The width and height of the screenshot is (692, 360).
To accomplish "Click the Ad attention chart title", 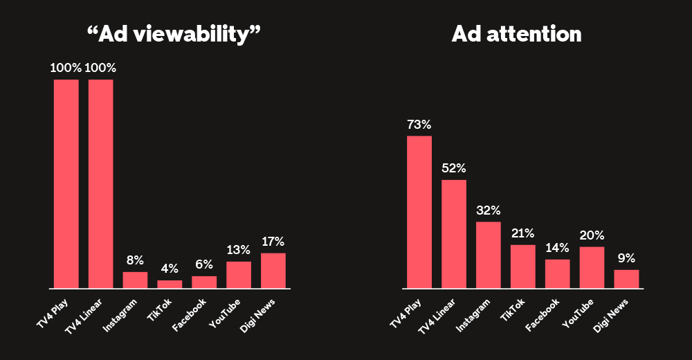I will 516,35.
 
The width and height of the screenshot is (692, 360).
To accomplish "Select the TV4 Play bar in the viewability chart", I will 66,183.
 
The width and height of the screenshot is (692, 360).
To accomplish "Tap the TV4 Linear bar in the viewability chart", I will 101,183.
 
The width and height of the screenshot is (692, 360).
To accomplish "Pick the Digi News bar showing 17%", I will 273,271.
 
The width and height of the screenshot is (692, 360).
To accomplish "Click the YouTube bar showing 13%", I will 239,275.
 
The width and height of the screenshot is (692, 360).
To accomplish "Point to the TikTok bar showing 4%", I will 170,284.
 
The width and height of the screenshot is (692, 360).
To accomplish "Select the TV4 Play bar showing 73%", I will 419,212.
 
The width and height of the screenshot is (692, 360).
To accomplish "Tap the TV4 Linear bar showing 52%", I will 454,234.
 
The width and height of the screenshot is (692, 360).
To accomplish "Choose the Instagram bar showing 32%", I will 489,255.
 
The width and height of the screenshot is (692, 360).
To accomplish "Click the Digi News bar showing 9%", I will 627,279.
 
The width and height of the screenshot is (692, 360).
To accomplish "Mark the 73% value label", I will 419,125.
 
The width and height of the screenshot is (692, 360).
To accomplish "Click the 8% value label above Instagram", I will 135,260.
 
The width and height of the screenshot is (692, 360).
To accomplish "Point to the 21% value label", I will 523,233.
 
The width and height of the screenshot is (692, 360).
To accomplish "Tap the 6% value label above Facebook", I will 204,264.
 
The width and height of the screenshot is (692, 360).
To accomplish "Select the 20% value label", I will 592,235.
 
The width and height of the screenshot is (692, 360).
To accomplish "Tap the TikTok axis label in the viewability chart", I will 163,309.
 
